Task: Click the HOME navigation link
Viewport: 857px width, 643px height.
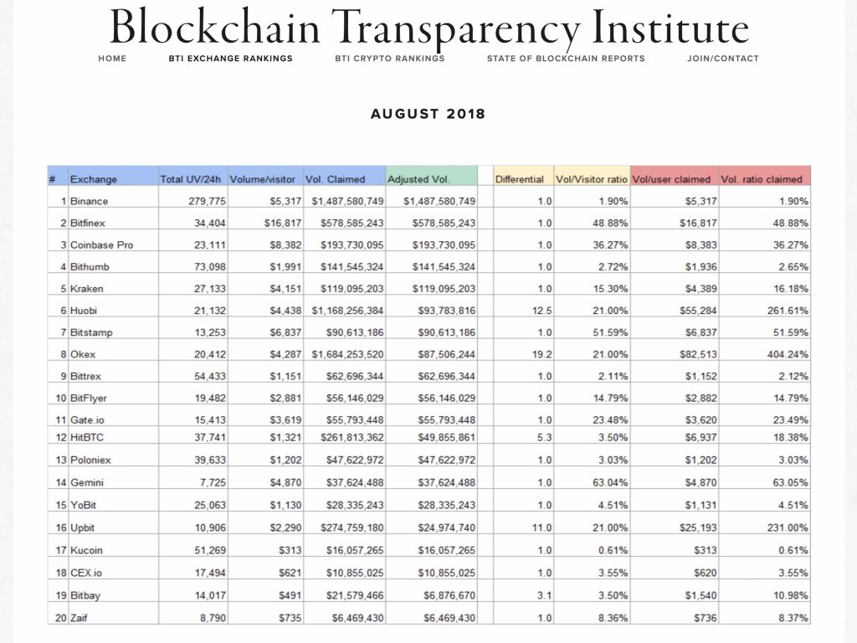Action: point(112,59)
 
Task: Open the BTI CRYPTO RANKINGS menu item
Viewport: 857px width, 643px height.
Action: point(389,59)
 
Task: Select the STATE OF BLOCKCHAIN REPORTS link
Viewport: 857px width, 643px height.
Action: point(566,59)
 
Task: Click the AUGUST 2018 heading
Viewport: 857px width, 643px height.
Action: point(428,114)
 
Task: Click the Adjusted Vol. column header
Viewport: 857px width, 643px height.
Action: point(418,179)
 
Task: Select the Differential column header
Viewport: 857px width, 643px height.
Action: point(520,179)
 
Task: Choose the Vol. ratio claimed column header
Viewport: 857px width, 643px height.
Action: point(761,179)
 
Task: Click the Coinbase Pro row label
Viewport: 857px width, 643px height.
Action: point(102,244)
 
